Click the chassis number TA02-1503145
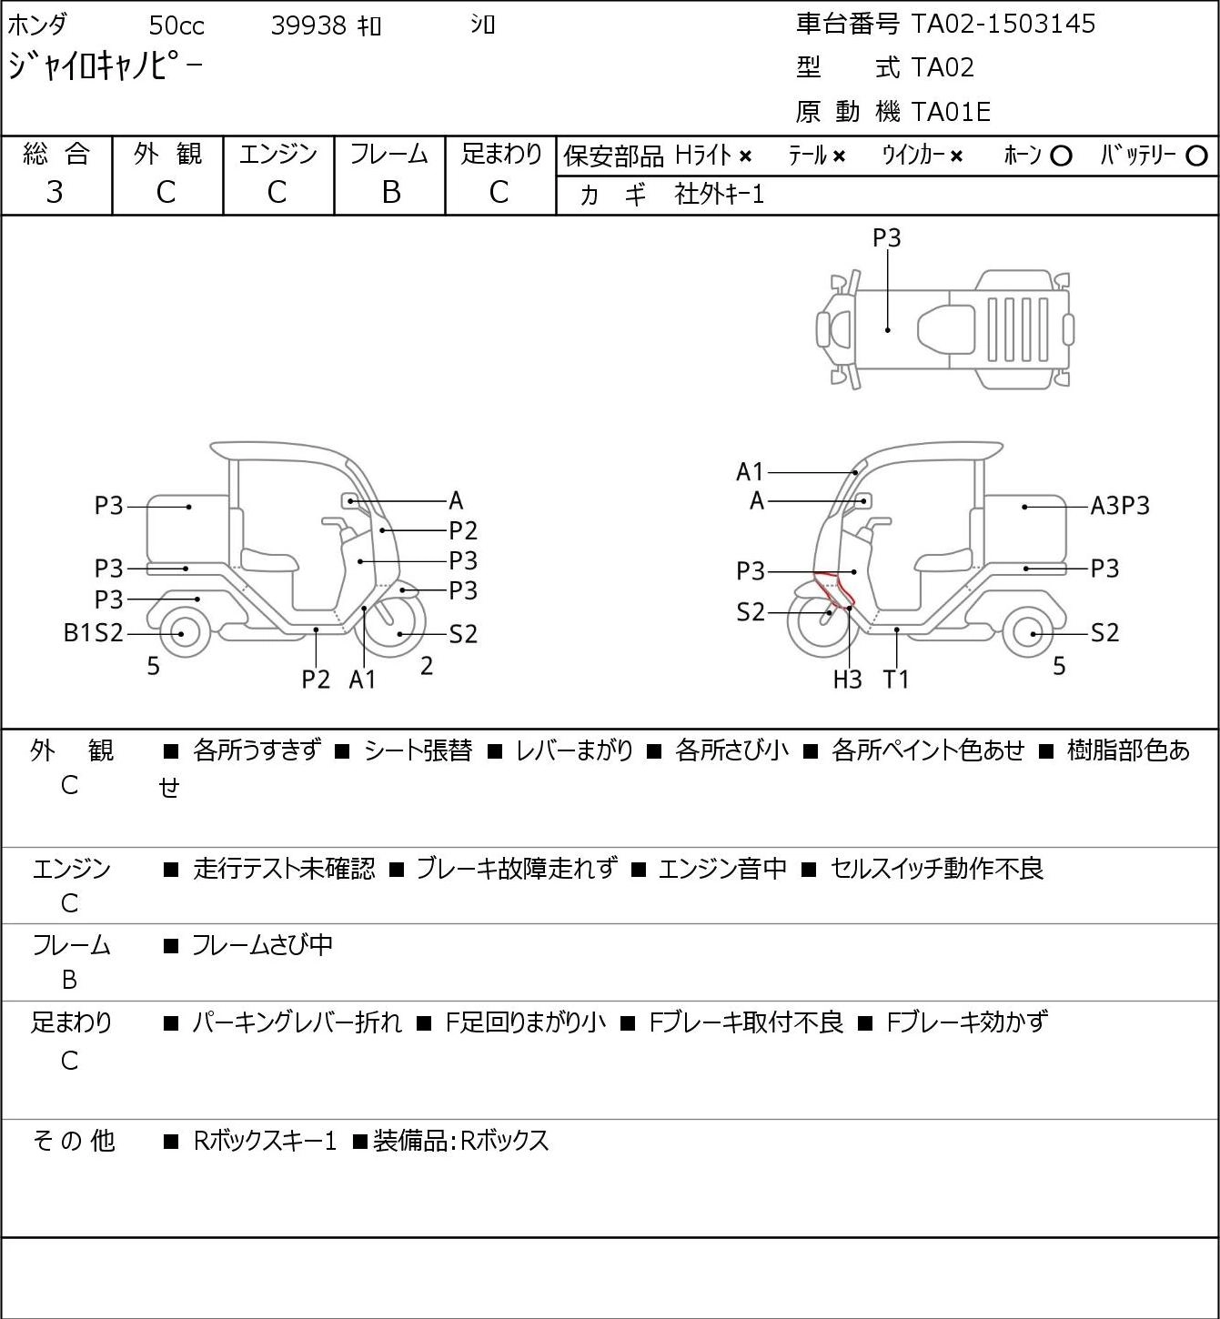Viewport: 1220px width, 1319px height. tap(1003, 24)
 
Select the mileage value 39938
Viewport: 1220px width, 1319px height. tap(308, 25)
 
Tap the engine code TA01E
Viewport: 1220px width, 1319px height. tap(951, 112)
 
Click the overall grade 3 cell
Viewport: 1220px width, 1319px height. tap(55, 192)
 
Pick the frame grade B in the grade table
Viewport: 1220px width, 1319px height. tap(390, 192)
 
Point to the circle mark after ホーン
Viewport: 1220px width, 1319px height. tap(1061, 156)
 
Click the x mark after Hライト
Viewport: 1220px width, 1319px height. tap(745, 156)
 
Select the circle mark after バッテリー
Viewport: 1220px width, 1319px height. tap(1196, 156)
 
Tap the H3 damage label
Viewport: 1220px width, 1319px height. tap(847, 680)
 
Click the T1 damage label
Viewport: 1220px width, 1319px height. tap(895, 680)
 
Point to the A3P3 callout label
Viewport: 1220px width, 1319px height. tap(1120, 506)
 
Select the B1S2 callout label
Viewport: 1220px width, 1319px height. tap(93, 633)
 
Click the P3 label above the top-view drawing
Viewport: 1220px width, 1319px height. tap(886, 237)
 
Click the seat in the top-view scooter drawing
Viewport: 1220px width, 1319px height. tap(945, 329)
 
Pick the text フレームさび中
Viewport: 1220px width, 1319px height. tap(263, 945)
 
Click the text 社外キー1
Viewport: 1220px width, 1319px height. tap(720, 195)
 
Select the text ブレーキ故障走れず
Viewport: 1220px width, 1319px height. tap(517, 869)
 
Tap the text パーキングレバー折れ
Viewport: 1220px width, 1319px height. tap(297, 1022)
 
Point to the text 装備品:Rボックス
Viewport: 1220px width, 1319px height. tap(461, 1141)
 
